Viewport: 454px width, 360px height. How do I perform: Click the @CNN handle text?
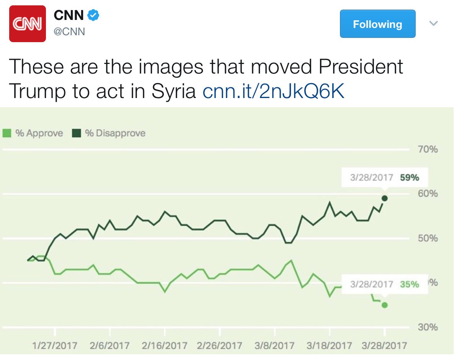[69, 32]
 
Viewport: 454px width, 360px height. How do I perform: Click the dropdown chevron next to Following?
[433, 24]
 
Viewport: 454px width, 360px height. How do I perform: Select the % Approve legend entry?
[33, 133]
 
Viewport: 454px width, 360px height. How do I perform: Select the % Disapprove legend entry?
[109, 133]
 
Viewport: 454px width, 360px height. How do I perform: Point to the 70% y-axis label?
[428, 149]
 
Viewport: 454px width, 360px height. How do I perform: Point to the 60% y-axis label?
[428, 193]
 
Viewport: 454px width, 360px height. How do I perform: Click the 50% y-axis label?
[428, 238]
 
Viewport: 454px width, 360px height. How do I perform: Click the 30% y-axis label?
[428, 327]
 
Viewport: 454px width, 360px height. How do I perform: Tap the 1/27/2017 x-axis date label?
[55, 346]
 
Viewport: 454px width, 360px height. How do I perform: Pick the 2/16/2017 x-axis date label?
[165, 346]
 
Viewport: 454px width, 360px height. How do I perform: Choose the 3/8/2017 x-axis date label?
[274, 346]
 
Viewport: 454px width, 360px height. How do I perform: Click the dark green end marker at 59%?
[385, 198]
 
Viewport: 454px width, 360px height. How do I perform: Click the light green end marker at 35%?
[385, 305]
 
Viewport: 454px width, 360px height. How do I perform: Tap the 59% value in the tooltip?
[410, 178]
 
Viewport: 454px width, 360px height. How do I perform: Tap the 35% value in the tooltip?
[410, 285]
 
